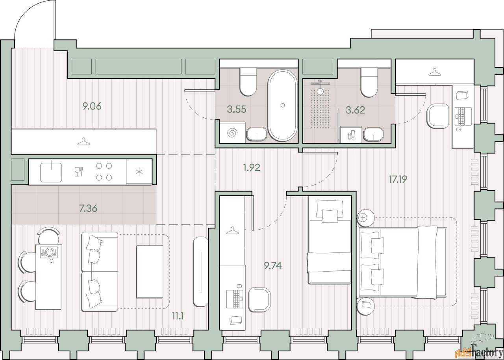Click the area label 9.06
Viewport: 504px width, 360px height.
click(x=92, y=106)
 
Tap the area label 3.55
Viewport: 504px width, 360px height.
click(x=237, y=109)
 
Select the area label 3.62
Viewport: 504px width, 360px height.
click(x=355, y=110)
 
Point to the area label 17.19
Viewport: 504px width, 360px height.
click(x=398, y=179)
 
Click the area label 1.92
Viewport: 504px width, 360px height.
click(x=252, y=167)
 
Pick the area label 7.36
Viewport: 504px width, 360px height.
click(x=88, y=209)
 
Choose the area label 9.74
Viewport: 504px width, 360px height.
click(x=273, y=266)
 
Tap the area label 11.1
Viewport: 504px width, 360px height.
click(x=178, y=316)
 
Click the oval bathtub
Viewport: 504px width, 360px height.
click(x=283, y=105)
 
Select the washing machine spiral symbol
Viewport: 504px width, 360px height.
click(x=232, y=133)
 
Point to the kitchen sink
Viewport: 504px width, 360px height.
click(x=51, y=172)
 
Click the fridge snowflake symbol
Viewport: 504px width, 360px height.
click(x=139, y=172)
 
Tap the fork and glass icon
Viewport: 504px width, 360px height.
click(x=79, y=171)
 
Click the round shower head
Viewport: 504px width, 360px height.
click(x=320, y=91)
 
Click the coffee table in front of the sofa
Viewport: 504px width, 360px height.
click(x=150, y=272)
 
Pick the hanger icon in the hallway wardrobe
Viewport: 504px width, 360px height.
click(x=84, y=141)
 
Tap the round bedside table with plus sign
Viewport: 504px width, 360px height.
click(x=365, y=218)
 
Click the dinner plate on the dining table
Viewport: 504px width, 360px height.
click(x=50, y=252)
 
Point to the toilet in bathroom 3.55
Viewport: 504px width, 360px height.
click(x=248, y=82)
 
